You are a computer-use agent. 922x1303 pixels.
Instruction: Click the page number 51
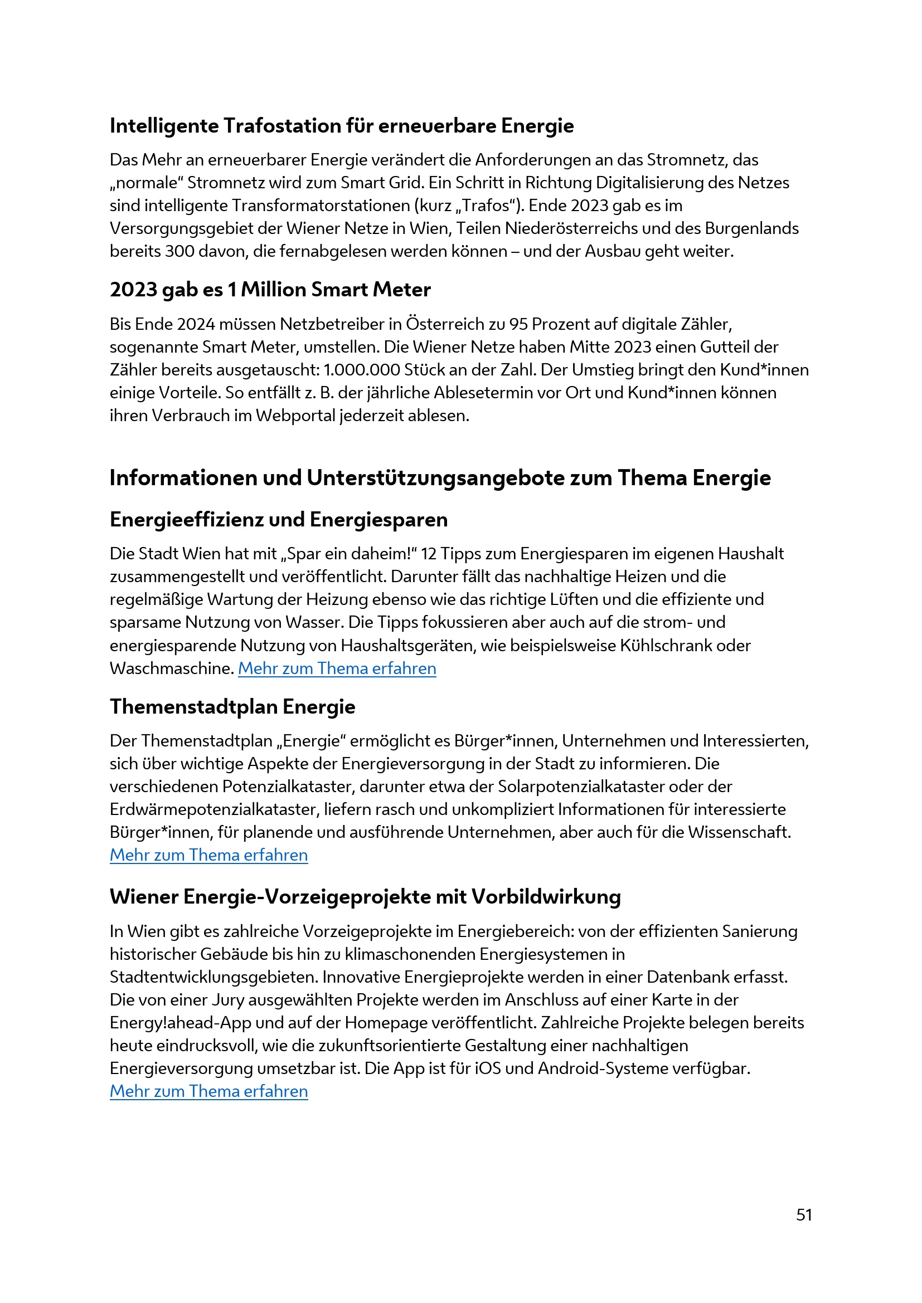click(x=804, y=1215)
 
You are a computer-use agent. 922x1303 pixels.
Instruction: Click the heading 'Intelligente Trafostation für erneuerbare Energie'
click(x=341, y=126)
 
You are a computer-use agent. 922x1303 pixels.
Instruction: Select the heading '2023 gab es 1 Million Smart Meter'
click(x=270, y=290)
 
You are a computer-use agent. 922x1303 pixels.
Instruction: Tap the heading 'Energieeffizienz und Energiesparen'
click(x=278, y=520)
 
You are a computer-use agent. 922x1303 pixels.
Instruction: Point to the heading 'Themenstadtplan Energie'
click(x=232, y=707)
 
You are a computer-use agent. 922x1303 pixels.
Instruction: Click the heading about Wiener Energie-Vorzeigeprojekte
click(x=365, y=897)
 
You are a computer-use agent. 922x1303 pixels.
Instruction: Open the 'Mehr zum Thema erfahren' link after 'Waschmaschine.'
click(x=337, y=668)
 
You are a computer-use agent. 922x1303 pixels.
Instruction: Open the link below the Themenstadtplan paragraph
click(x=208, y=855)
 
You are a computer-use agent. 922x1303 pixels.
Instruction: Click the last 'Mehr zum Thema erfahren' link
click(x=208, y=1091)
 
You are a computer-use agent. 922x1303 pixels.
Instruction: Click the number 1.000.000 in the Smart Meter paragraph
click(x=361, y=370)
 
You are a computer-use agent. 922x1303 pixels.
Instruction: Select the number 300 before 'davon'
click(x=179, y=251)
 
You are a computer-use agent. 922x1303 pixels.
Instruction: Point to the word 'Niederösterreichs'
click(x=587, y=229)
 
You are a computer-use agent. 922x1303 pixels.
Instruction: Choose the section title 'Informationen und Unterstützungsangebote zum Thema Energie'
click(x=440, y=479)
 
